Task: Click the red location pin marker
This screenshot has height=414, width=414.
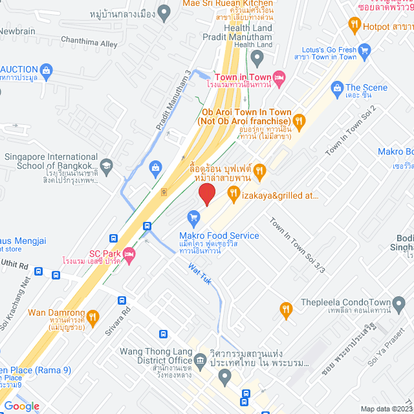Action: (206, 194)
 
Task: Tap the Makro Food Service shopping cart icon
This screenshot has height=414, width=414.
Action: (192, 217)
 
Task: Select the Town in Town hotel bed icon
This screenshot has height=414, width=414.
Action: (279, 78)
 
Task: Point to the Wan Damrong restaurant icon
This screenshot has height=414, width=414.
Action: (92, 316)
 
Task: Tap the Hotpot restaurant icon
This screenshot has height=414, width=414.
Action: (354, 26)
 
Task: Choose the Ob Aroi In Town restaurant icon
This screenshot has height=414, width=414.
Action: (298, 120)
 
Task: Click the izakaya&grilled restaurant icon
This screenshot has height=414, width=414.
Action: (234, 193)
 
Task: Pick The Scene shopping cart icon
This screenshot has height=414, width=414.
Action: (336, 87)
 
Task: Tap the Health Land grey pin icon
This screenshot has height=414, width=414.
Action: (257, 60)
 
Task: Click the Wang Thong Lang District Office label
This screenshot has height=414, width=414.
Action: (156, 356)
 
